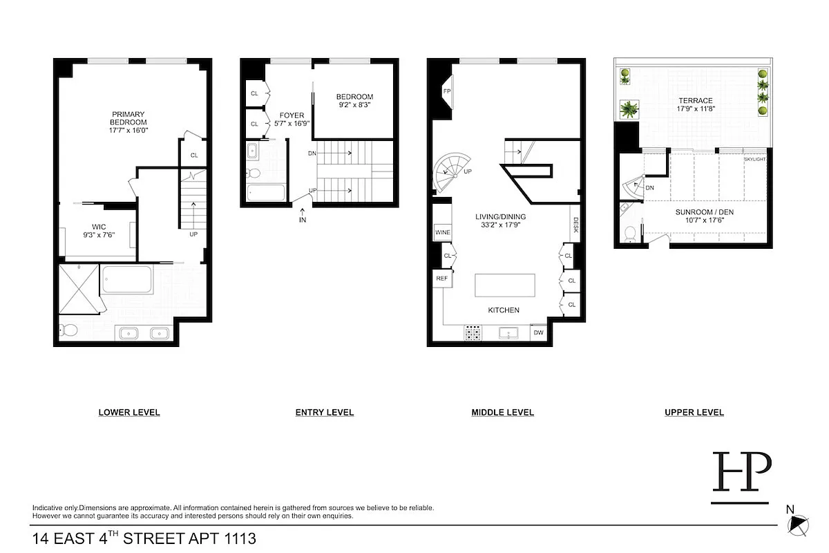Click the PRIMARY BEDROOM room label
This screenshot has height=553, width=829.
click(x=129, y=118)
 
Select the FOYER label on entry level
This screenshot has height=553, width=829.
click(x=292, y=115)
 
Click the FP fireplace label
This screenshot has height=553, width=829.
click(x=447, y=91)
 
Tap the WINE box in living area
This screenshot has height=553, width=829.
click(x=443, y=232)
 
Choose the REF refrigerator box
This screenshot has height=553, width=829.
click(x=441, y=278)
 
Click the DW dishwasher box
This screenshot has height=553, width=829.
click(x=538, y=333)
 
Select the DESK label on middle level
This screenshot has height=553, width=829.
click(x=575, y=225)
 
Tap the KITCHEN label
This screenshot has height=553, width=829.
click(x=504, y=310)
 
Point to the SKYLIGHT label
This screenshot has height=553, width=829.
click(x=754, y=159)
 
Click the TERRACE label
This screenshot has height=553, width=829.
click(x=695, y=101)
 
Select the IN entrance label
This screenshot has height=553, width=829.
click(x=303, y=220)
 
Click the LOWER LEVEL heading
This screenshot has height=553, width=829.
click(x=129, y=413)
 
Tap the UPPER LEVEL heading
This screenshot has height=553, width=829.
click(x=694, y=413)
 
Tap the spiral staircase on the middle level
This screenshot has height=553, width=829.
click(x=448, y=172)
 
